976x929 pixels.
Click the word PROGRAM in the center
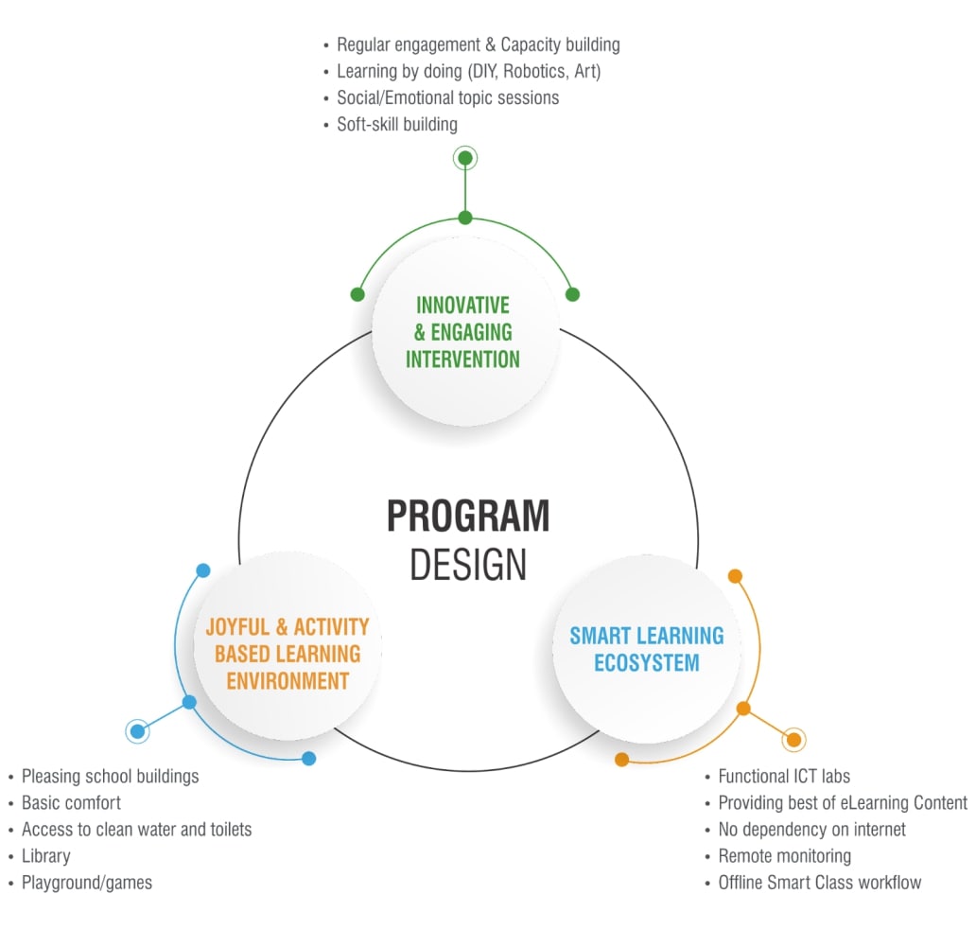468,517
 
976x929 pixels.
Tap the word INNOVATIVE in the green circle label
462,306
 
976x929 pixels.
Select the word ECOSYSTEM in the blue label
647,662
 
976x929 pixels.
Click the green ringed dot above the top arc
464,159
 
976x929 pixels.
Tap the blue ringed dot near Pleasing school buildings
138,730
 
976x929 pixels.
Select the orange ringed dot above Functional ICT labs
793,739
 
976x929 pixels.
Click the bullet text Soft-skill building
397,124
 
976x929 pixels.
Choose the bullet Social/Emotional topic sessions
447,97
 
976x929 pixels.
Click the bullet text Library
46,856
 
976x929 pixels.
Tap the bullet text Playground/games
87,883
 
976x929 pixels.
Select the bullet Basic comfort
72,803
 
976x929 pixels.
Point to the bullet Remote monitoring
784,856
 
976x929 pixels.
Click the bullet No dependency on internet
811,830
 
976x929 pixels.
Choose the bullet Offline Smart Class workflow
819,883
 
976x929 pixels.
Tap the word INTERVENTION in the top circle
462,359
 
